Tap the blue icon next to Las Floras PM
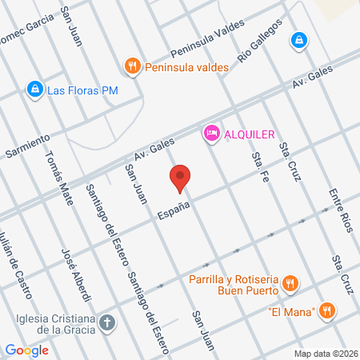pos(34,90)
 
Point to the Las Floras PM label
pos(82,90)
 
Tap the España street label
pos(174,210)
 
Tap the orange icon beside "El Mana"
pos(326,311)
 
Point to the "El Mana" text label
pos(290,311)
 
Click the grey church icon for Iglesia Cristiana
pos(108,323)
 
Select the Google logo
pos(26,350)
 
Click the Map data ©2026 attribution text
pos(325,354)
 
